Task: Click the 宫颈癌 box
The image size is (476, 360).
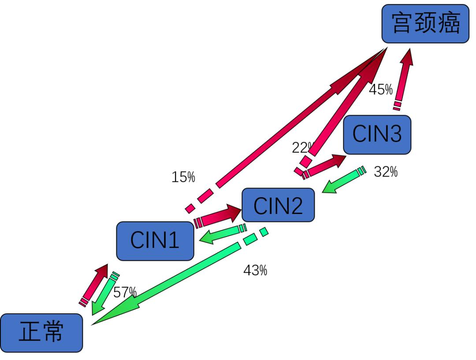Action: [425, 23]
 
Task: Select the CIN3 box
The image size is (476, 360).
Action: [377, 134]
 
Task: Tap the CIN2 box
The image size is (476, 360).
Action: [278, 205]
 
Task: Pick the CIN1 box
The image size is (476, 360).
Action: [155, 241]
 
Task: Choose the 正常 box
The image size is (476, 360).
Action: [41, 333]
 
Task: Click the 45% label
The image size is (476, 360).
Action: [380, 90]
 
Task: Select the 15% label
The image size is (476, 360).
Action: [183, 177]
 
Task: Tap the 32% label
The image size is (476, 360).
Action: [386, 172]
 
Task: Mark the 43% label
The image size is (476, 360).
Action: [255, 270]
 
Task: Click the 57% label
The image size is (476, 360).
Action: [125, 292]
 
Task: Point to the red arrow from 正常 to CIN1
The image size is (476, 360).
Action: [94, 285]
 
